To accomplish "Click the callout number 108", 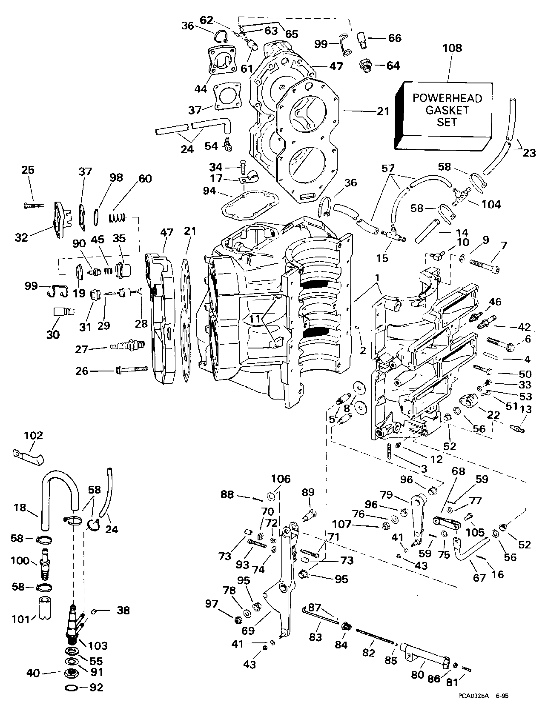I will pos(452,48).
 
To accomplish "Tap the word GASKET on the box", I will pos(447,110).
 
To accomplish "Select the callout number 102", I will pos(34,435).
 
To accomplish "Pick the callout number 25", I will pos(28,170).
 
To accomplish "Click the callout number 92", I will pos(97,688).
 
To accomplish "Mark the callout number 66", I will pos(394,38).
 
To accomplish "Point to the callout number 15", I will pos(382,258).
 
